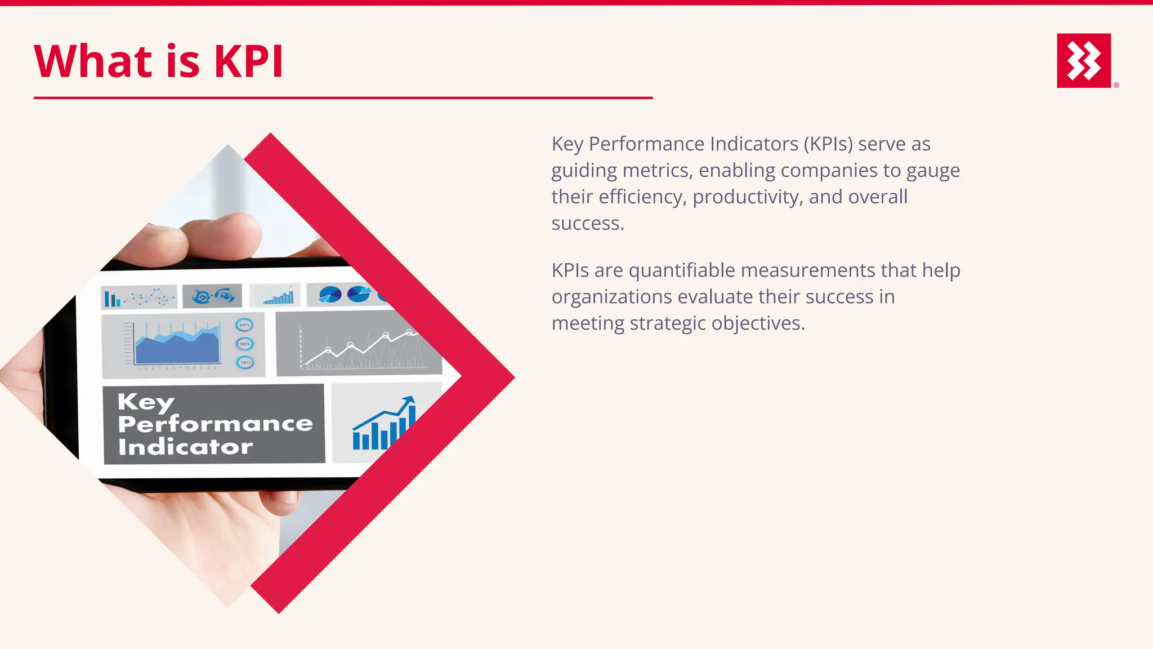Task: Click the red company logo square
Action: pos(1084,60)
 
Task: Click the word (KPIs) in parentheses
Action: pos(828,144)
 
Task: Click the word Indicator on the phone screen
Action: pos(185,447)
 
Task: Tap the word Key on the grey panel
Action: pos(146,402)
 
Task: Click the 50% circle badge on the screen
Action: pos(244,325)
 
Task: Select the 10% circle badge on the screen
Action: pos(245,362)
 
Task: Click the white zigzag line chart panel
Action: pos(358,344)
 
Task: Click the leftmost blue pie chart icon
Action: pos(330,294)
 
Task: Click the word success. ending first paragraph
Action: pos(588,224)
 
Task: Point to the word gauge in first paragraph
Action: pos(933,171)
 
